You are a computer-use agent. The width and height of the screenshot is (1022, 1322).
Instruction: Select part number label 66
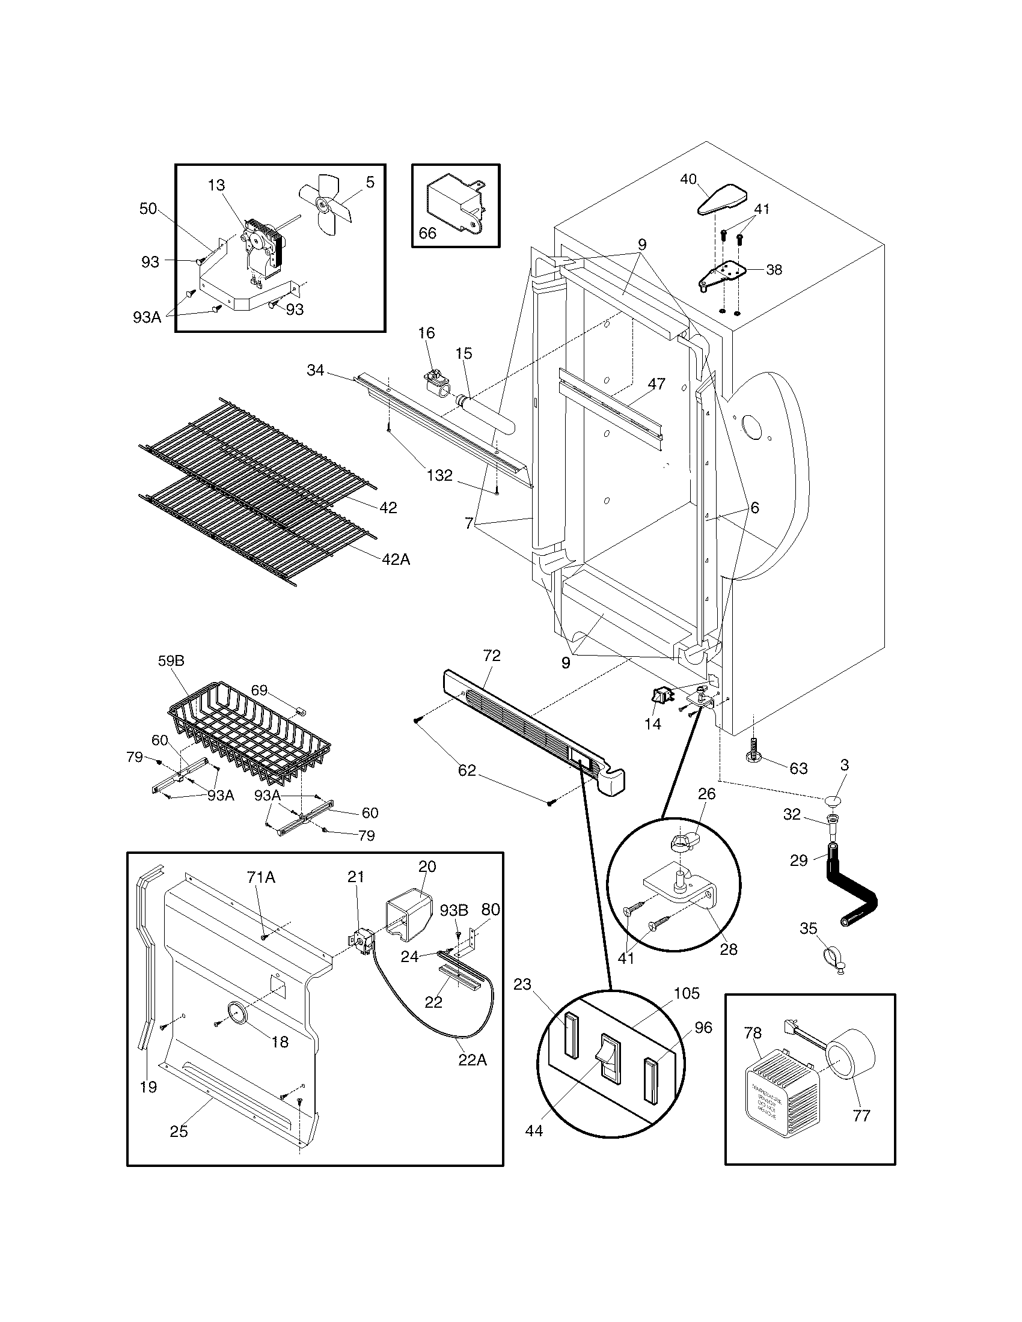[x=427, y=233]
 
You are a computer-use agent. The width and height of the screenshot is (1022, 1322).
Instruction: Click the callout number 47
[x=656, y=384]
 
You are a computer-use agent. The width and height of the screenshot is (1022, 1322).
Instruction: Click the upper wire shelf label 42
[x=388, y=508]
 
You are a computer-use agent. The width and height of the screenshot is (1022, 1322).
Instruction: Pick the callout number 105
[x=687, y=993]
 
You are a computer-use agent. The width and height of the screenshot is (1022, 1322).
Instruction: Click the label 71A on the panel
[x=261, y=877]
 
